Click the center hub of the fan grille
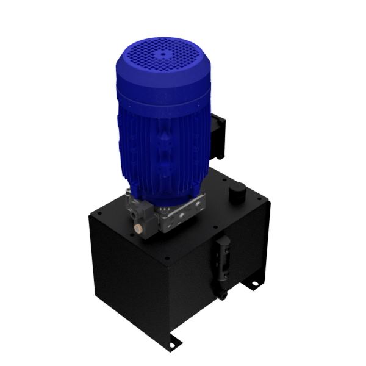pyautogui.click(x=163, y=54)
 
